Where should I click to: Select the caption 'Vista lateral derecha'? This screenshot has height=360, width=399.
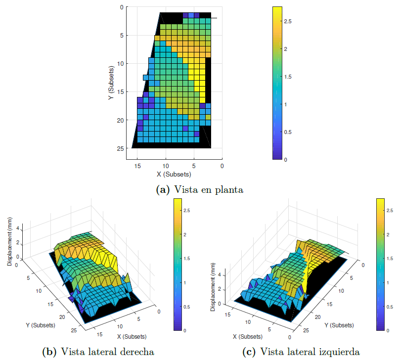(107, 352)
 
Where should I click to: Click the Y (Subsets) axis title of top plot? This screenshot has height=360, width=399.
(112, 84)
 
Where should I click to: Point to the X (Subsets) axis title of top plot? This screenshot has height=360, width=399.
(174, 174)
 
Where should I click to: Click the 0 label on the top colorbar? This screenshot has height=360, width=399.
(287, 160)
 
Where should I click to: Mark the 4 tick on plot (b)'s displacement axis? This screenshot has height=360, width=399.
(17, 228)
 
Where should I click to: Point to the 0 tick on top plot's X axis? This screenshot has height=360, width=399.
(222, 166)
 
